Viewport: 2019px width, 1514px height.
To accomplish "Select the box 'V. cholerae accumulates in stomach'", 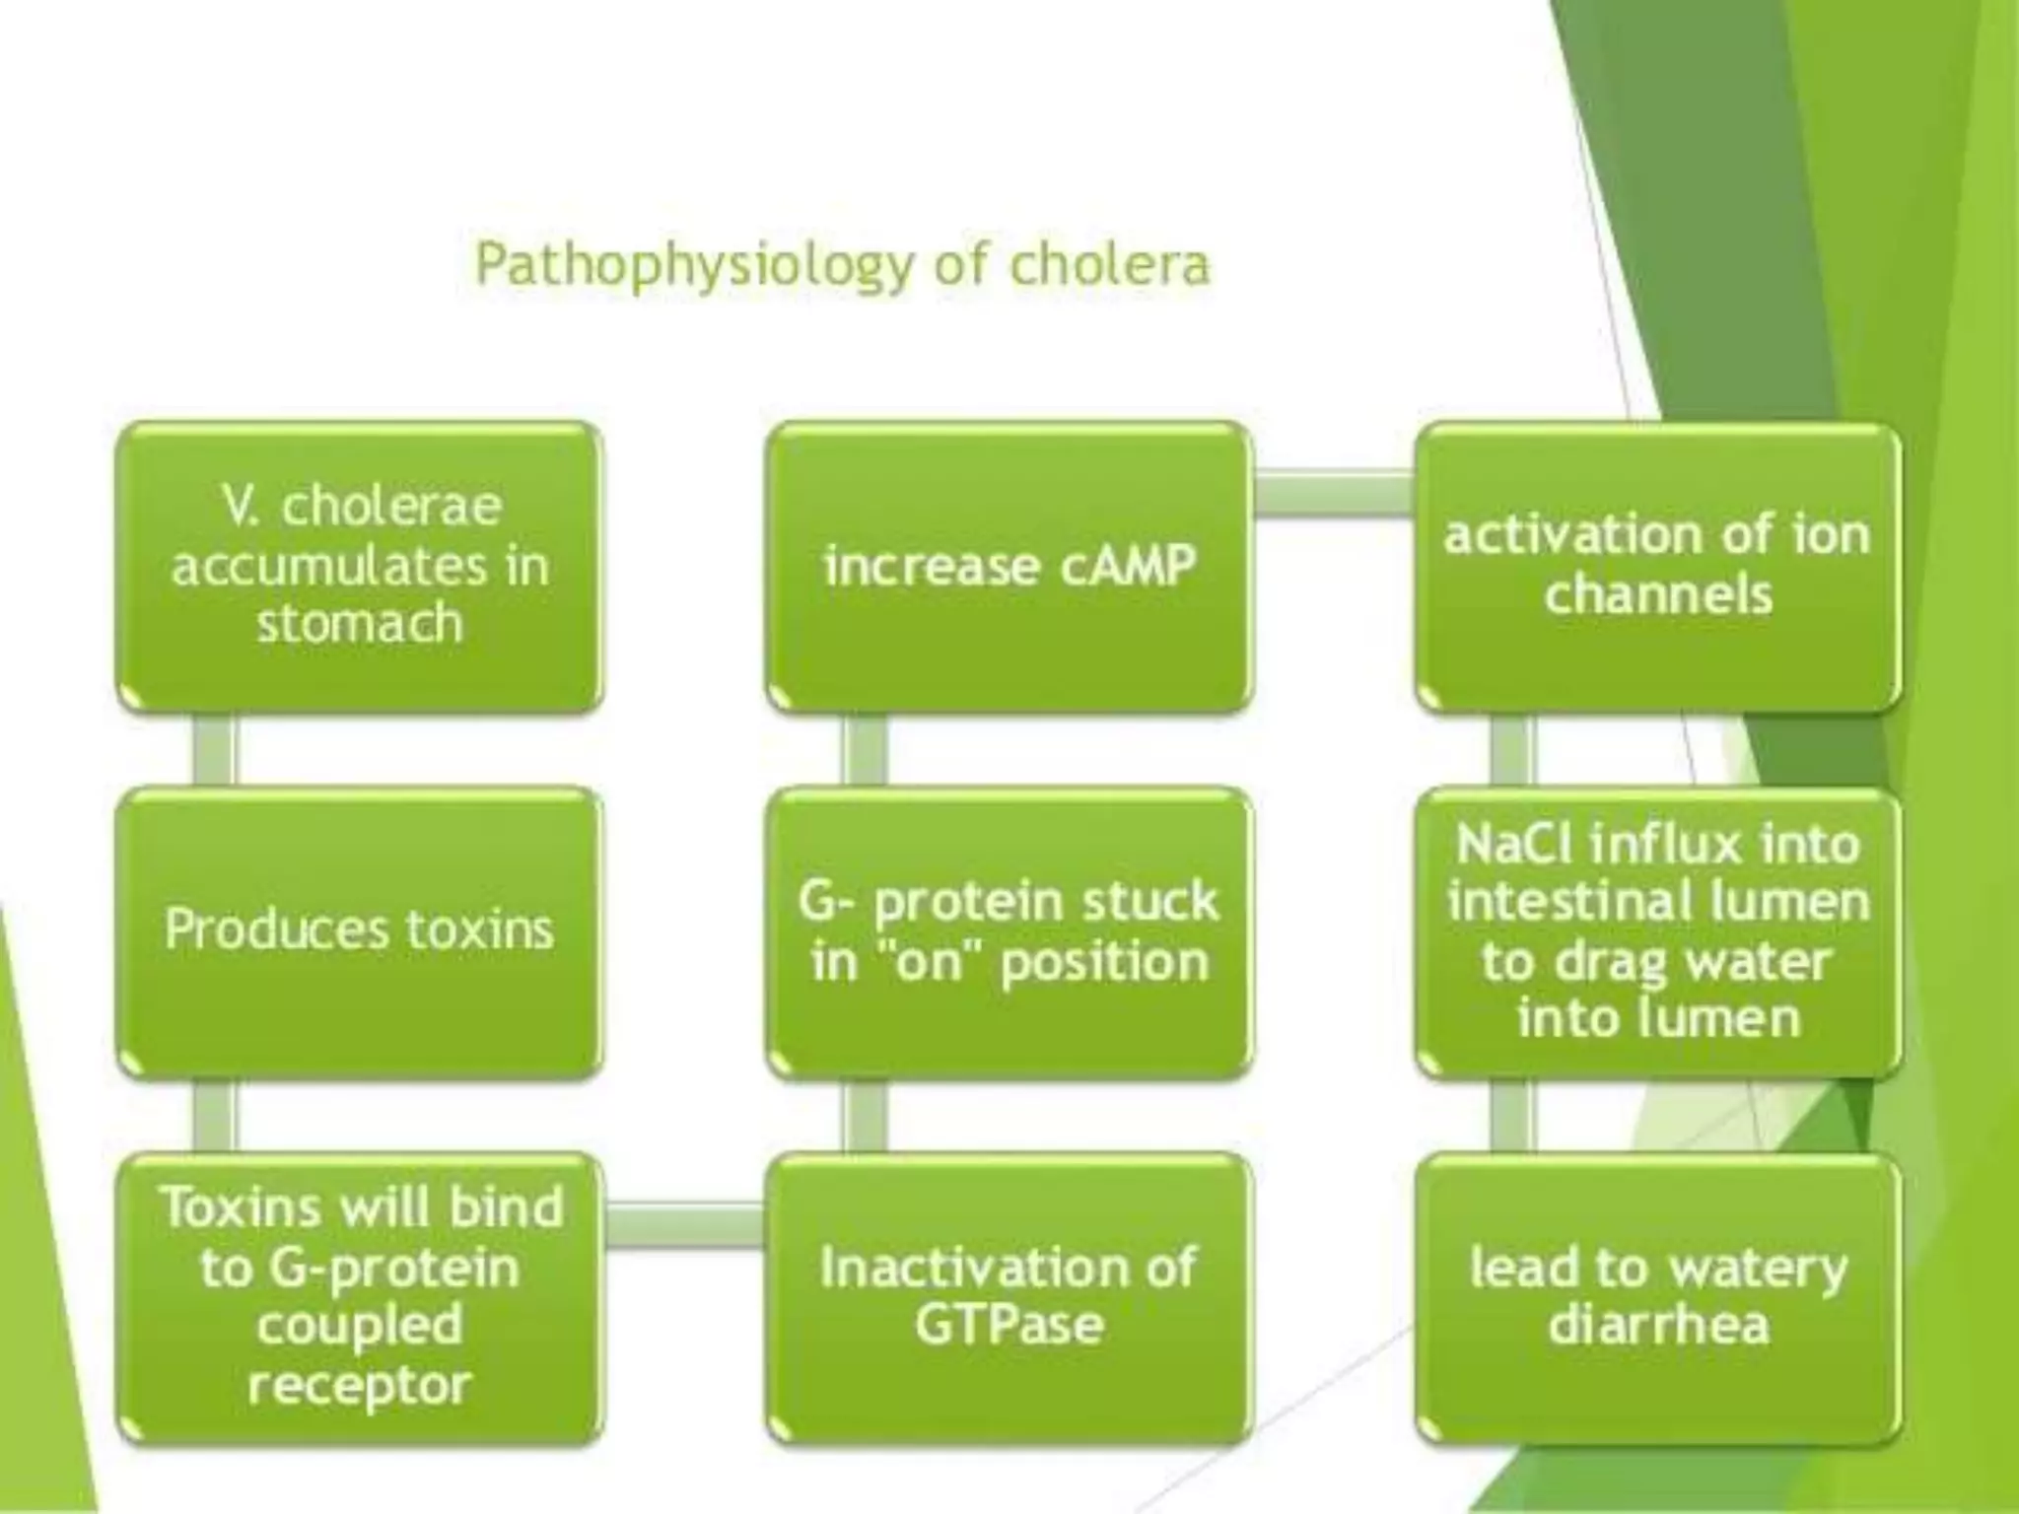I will [359, 567].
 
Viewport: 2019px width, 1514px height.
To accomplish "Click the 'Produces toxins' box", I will [359, 930].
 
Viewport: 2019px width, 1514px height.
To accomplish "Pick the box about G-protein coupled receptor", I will [359, 1296].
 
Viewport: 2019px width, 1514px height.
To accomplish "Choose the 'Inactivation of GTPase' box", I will [1009, 1296].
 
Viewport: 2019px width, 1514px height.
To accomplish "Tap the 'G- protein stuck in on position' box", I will [1009, 930].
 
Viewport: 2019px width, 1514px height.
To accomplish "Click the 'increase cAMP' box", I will [1009, 567].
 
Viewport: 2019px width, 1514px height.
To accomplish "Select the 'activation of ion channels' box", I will [1658, 567].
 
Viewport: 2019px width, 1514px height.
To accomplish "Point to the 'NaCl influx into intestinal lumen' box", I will [1658, 930].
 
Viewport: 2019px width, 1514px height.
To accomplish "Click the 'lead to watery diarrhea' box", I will [1658, 1296].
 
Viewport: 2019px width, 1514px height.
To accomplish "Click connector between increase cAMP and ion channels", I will [1334, 493].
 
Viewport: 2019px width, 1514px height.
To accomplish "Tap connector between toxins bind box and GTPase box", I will [684, 1225].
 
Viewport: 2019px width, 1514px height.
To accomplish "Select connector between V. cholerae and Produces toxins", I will [215, 749].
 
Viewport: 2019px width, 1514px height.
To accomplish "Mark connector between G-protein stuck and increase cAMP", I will [864, 749].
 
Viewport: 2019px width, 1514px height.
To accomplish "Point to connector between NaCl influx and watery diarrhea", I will [1514, 1114].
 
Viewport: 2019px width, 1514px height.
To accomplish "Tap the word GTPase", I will [1009, 1326].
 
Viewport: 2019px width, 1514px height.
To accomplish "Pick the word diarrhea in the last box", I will [1658, 1326].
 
